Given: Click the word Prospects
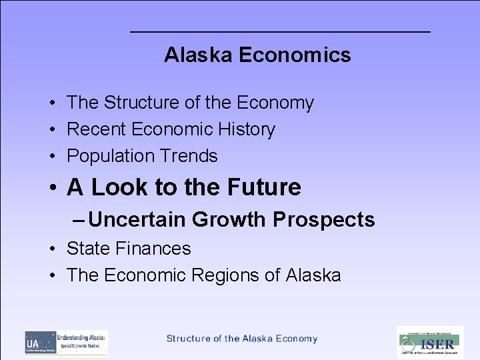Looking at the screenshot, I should click(324, 219).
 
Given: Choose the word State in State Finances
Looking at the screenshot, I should click(89, 249).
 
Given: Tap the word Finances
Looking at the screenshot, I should click(153, 249).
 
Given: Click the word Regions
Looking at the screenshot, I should click(231, 275).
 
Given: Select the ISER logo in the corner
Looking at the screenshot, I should click(430, 343).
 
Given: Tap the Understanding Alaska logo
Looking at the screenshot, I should click(66, 343).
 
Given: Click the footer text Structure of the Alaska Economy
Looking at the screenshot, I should click(242, 339).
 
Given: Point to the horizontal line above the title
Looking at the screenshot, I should click(280, 32).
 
